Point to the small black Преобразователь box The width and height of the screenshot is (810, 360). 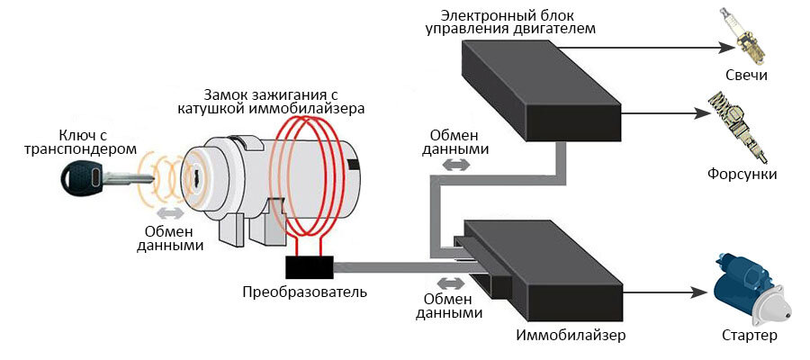(309, 266)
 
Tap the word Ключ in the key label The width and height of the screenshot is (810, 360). (85, 132)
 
